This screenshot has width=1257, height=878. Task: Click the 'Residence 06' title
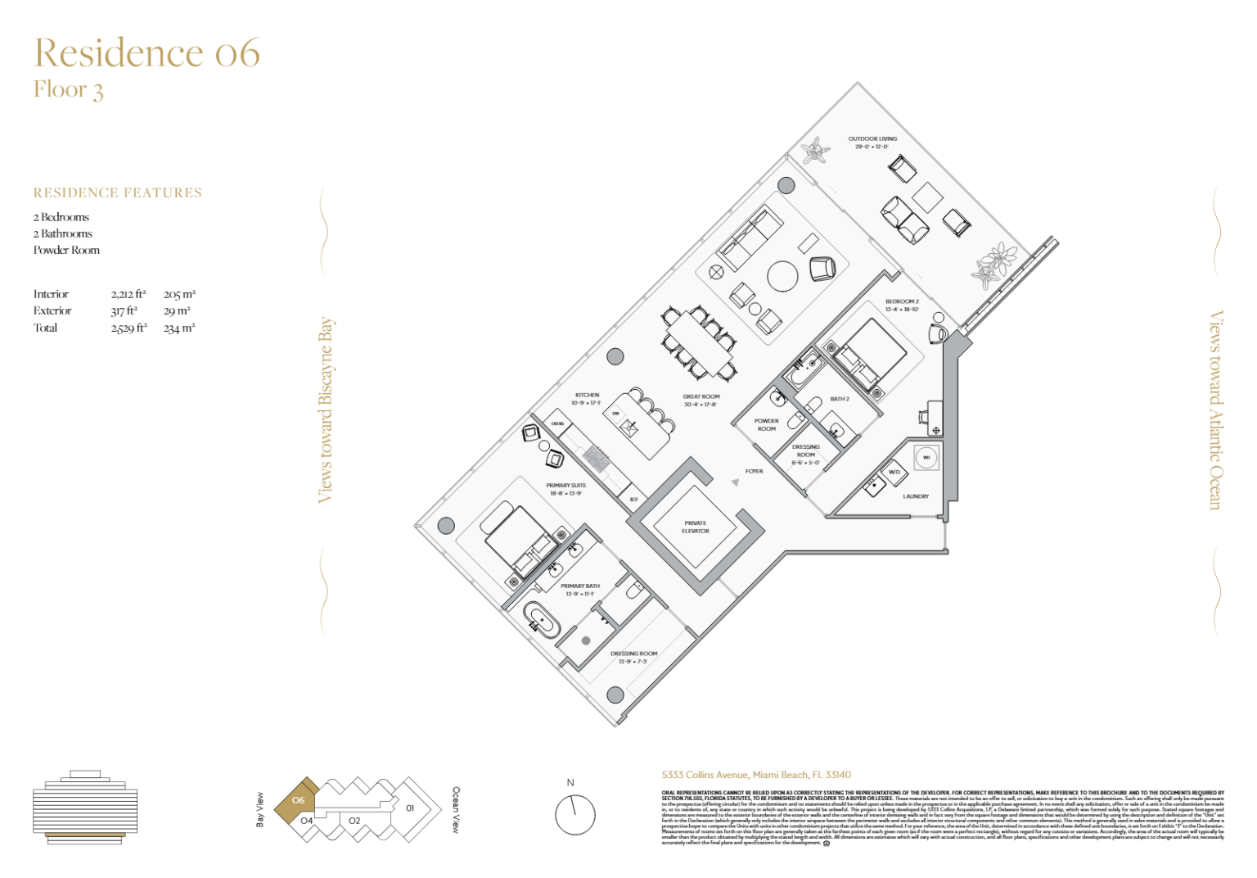coord(147,53)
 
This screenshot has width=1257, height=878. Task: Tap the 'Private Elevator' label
coord(695,527)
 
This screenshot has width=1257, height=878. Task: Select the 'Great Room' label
coord(701,400)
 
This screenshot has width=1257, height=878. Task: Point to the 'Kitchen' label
coord(587,399)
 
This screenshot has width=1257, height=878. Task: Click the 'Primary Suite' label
coord(565,489)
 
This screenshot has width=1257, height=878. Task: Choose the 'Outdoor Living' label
coord(872,143)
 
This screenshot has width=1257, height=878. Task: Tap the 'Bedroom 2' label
coord(902,305)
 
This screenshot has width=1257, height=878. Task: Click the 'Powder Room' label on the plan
coord(766,424)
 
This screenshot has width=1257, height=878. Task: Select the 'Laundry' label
coord(916,496)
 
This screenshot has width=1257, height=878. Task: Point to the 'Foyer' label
coord(754,471)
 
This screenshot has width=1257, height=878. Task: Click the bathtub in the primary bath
coord(542,619)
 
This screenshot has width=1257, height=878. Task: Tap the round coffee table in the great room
coord(782,276)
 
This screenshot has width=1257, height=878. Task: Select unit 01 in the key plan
coord(410,808)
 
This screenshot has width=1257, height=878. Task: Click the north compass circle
coord(574,814)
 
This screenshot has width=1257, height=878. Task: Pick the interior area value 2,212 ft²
coord(128,294)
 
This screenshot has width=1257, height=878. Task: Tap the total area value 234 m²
coord(179,328)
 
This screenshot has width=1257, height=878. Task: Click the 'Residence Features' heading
coord(118,193)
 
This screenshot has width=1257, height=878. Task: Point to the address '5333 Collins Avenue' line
coord(756,775)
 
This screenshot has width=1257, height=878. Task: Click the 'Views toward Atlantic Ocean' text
coord(1216,410)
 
